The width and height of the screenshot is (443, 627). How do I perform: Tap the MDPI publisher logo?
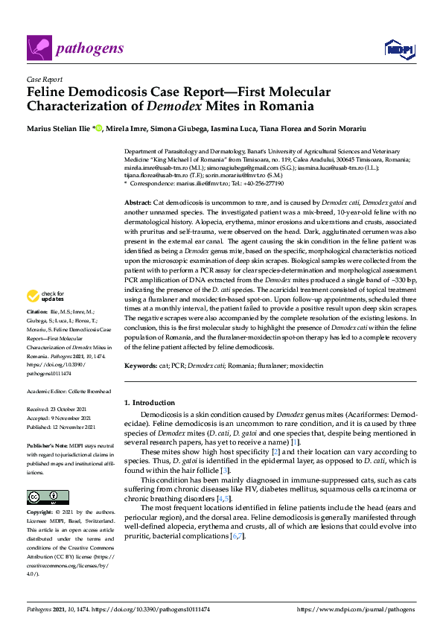click(399, 48)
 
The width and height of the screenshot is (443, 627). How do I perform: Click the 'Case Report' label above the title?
click(43, 79)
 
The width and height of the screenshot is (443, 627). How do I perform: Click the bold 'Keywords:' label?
click(141, 366)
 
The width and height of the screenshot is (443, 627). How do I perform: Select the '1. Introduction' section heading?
click(150, 402)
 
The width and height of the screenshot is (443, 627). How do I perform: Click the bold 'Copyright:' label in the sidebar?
click(39, 513)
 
